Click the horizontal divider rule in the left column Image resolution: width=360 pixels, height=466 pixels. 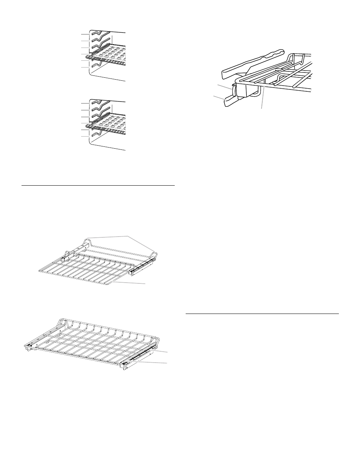pos(98,186)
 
